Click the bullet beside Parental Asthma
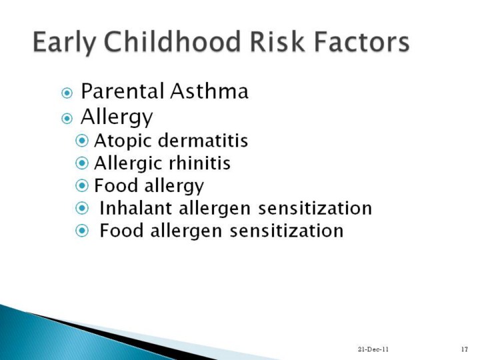click(67, 93)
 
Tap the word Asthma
click(209, 91)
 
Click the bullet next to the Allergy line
click(67, 119)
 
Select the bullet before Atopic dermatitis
click(82, 141)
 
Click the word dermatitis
click(203, 141)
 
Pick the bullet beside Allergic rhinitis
click(82, 163)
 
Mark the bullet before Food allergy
click(82, 185)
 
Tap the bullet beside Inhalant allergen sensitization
click(82, 208)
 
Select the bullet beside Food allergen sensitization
click(82, 231)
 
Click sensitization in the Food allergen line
click(287, 231)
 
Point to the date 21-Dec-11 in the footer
click(373, 349)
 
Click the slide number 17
click(465, 349)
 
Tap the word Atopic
click(123, 141)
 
